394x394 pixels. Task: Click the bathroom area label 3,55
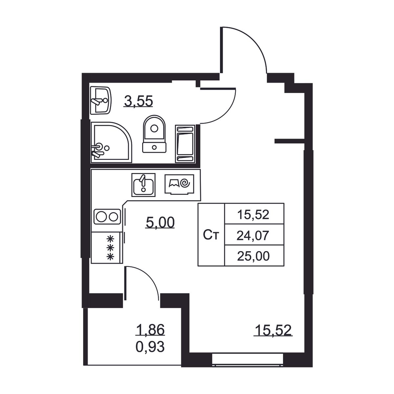tap(139, 101)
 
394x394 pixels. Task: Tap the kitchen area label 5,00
tap(160, 223)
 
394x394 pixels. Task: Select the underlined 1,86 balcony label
tap(150, 330)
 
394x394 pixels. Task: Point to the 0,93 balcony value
tap(150, 347)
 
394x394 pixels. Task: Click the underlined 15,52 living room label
tap(273, 330)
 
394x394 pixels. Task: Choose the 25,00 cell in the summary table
tap(253, 255)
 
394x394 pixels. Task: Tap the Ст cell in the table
tap(211, 235)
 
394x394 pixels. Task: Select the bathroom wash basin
tap(100, 100)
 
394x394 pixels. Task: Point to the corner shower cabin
tap(111, 142)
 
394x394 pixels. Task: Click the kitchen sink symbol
tap(143, 185)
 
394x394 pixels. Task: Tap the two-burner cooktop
tap(107, 216)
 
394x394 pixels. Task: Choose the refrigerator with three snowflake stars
tap(107, 248)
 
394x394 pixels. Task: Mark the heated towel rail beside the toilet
tap(185, 144)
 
